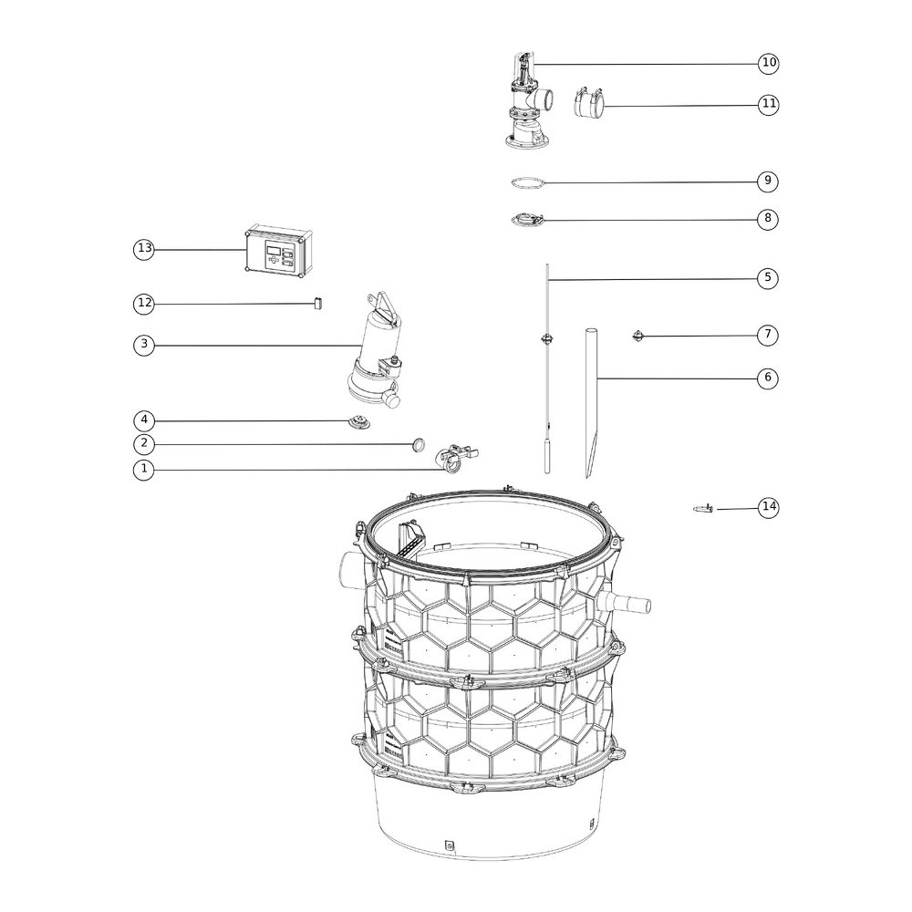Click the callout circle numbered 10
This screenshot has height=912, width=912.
point(769,62)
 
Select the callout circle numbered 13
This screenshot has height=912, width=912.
point(144,249)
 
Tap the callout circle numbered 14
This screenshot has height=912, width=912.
point(769,506)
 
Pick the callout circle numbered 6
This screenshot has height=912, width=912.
point(768,378)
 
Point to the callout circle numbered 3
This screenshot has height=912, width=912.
point(144,345)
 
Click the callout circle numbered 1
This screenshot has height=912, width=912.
point(144,469)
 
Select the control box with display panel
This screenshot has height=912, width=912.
point(279,252)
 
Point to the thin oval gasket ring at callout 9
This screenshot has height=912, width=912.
point(528,183)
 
